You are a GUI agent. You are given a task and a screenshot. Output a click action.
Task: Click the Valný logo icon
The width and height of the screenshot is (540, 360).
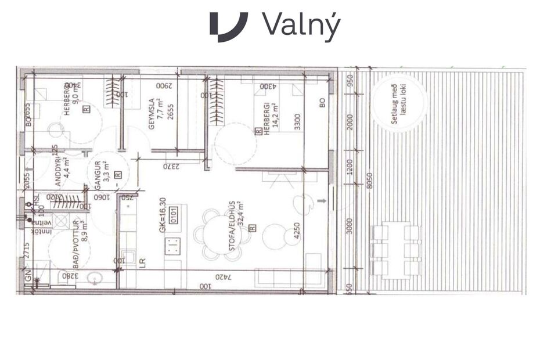point(229,27)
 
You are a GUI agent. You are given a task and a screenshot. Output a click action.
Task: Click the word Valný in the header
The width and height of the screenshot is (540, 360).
point(300,26)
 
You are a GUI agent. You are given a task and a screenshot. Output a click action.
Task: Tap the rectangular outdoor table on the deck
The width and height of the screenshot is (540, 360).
point(395,250)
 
